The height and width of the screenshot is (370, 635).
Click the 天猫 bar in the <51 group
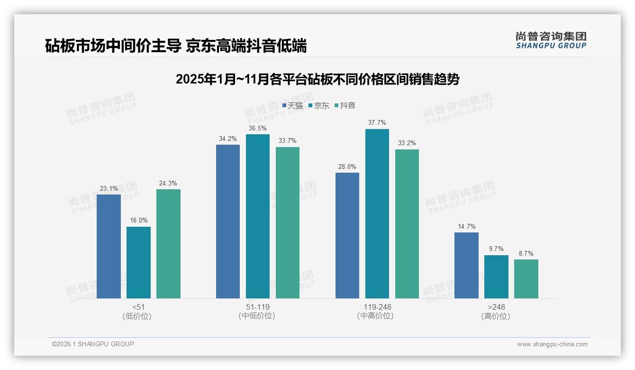pos(109,246)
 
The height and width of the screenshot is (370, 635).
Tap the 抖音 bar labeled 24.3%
pos(168,244)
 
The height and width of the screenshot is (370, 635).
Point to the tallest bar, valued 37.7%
pos(377,213)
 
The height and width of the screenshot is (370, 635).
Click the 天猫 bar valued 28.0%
pos(347,235)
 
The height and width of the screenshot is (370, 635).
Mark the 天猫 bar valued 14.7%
pos(466,265)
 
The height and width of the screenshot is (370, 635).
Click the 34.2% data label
pos(228,139)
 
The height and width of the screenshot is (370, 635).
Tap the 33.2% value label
pos(407,143)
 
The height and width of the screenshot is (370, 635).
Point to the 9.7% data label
pos(496,249)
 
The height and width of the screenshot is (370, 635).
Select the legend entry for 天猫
pos(292,106)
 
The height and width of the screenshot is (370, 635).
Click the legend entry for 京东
pos(319,106)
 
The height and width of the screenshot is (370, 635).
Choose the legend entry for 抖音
pos(345,106)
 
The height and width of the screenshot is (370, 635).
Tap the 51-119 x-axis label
pos(258,307)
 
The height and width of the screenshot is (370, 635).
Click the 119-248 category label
pos(377,307)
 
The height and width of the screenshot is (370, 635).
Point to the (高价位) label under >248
pos(496,316)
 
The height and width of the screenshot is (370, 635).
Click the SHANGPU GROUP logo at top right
pos(551,40)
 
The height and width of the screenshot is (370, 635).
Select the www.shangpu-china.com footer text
pos(552,344)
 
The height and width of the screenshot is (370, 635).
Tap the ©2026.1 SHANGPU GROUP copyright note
pos(93,344)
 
